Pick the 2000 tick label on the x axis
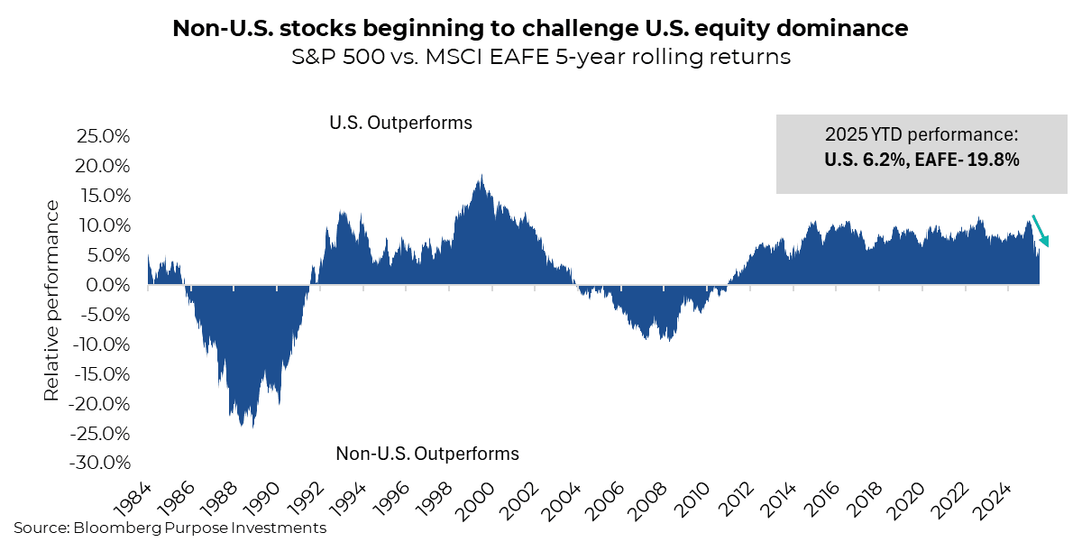472,494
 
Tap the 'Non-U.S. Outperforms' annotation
426,453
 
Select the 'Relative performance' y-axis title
52,300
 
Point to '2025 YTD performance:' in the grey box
921,135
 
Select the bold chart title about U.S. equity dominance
540,29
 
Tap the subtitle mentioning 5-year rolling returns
540,58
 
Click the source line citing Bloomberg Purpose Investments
170,528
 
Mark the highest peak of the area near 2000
481,176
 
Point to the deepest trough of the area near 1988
241,426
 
